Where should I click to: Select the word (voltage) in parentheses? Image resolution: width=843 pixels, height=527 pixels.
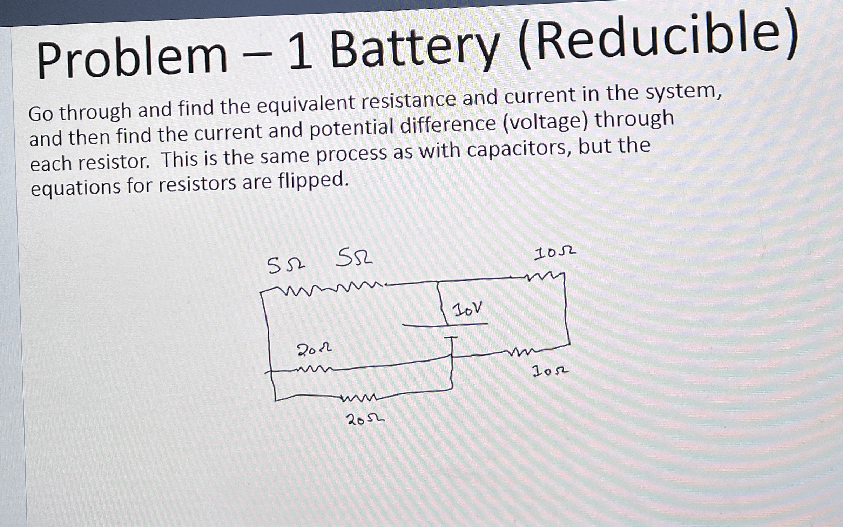(546, 122)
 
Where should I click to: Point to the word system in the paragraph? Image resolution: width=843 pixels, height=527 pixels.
(684, 92)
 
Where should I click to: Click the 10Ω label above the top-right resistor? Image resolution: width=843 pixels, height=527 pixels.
(554, 253)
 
